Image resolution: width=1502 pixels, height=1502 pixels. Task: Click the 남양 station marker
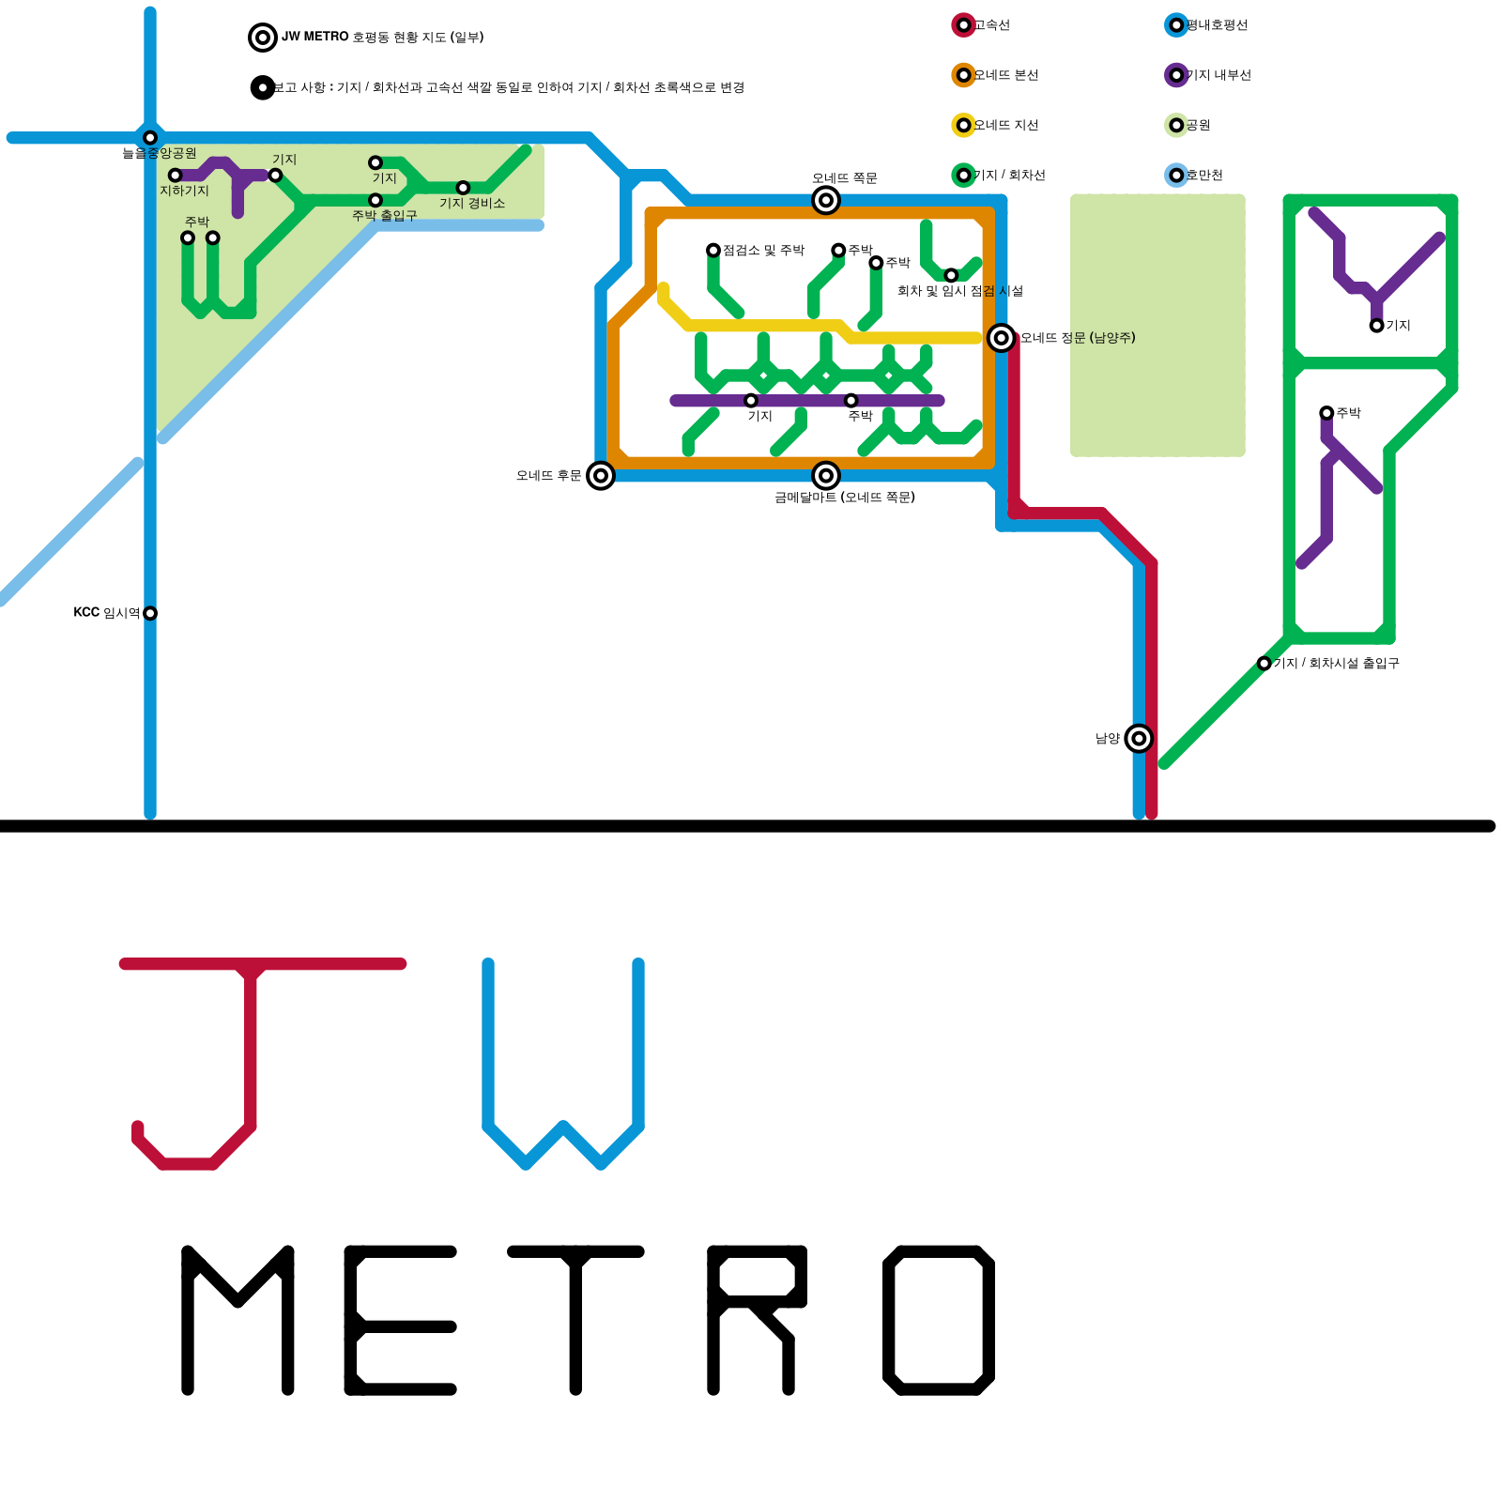tap(1139, 739)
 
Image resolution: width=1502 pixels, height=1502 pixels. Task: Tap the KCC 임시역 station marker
tap(150, 613)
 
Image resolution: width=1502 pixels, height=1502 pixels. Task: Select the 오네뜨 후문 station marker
tap(601, 476)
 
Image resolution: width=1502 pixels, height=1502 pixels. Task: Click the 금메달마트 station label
tap(844, 498)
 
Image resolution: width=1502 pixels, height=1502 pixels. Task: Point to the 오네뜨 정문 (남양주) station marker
tap(1002, 338)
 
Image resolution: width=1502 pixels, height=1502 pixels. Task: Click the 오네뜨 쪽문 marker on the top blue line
tap(826, 200)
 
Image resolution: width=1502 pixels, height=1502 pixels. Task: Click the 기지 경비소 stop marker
tap(463, 188)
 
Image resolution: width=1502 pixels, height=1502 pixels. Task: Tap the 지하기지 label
tap(184, 191)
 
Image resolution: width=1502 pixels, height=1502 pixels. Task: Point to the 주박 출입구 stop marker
tap(375, 200)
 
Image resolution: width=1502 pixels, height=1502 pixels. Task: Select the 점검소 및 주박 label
tap(763, 251)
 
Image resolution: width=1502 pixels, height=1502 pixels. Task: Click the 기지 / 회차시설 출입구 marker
tap(1264, 664)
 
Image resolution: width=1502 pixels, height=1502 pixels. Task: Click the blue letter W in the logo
tap(563, 1061)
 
